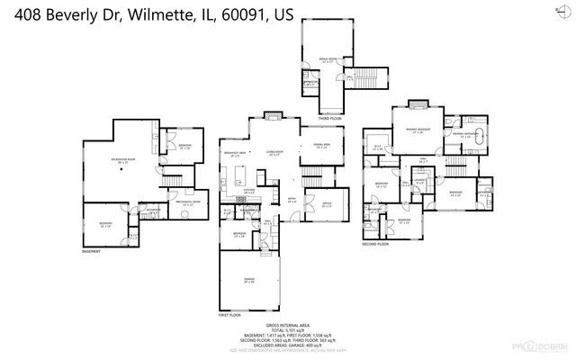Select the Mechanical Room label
[x=188, y=203]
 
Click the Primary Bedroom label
[x=418, y=130]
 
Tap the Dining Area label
[x=321, y=144]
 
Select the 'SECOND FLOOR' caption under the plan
[x=374, y=244]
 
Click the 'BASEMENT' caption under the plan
[x=91, y=251]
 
